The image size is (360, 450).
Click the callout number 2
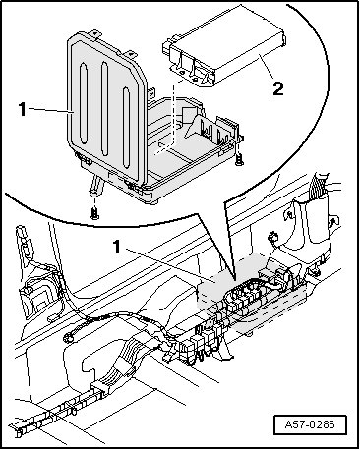278,88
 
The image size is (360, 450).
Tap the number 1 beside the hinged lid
22,109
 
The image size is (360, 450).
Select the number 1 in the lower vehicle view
117,247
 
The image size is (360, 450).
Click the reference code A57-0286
310,424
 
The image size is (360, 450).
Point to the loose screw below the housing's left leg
94,214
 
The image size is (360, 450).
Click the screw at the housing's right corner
238,159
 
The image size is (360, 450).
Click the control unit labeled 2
224,59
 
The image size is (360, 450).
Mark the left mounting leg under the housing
95,186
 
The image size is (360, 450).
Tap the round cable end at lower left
69,336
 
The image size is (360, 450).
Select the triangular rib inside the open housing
197,126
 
